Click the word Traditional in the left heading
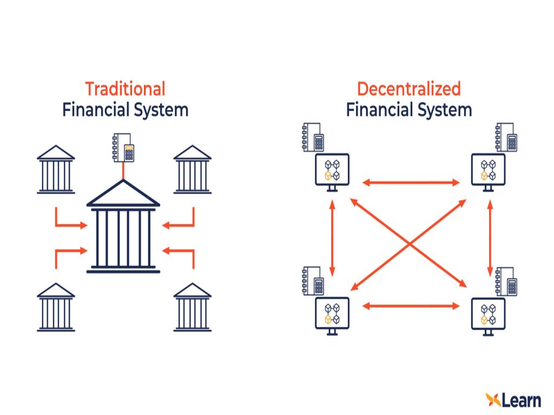coord(125,89)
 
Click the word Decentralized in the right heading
coord(408,89)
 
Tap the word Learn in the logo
coord(521,400)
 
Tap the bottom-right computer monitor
coord(488,315)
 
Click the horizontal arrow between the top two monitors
coord(411,183)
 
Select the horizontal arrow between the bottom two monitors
coord(411,306)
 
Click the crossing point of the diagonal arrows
coord(410,244)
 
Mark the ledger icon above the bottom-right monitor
coord(506,281)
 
